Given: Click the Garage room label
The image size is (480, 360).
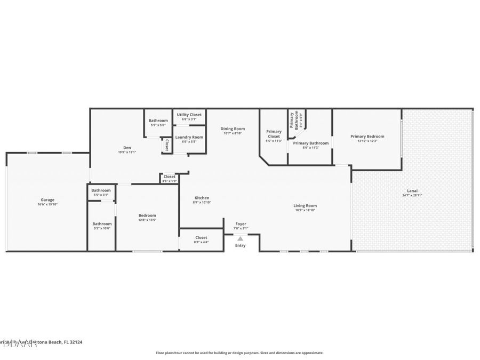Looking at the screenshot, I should click(x=47, y=200).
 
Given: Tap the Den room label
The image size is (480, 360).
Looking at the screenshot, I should click(x=127, y=148).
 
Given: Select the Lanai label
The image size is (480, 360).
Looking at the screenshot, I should click(x=413, y=190).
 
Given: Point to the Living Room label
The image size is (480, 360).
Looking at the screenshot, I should click(x=305, y=205).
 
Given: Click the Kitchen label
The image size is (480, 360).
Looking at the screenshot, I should click(x=202, y=198).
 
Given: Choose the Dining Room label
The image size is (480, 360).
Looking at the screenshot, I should click(x=233, y=129).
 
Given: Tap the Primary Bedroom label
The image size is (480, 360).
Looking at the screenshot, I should click(x=367, y=137).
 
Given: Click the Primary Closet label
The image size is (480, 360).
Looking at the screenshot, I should click(x=274, y=134).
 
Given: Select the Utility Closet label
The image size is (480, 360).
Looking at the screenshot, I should click(x=189, y=115).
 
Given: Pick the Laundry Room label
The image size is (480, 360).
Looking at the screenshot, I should click(x=189, y=137).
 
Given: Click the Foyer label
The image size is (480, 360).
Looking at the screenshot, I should click(x=241, y=224).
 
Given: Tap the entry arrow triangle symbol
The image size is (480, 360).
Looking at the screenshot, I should click(x=241, y=238).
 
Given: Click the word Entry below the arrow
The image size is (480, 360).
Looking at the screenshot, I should click(x=241, y=245).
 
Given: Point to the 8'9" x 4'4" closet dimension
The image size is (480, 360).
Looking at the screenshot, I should click(x=201, y=242).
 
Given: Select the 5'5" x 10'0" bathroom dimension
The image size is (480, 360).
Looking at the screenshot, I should click(x=101, y=228).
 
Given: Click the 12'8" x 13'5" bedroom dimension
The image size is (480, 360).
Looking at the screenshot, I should click(x=147, y=220).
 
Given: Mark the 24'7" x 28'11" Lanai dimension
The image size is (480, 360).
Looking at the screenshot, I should click(x=413, y=195).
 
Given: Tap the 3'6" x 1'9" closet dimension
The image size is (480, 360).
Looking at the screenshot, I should click(x=169, y=181).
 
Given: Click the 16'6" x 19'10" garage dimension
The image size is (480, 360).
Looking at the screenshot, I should click(x=47, y=204).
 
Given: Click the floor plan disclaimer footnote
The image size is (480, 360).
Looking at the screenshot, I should click(x=239, y=353).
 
